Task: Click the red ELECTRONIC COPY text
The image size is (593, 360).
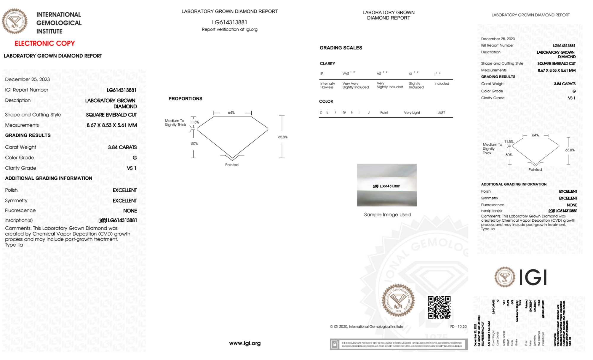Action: pyautogui.click(x=45, y=44)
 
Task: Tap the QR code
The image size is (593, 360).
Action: pyautogui.click(x=439, y=307)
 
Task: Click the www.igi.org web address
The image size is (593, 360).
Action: pyautogui.click(x=245, y=343)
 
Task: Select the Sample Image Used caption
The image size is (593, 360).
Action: pyautogui.click(x=387, y=215)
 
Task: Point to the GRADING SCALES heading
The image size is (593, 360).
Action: pyautogui.click(x=341, y=48)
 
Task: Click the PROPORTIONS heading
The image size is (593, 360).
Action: pyautogui.click(x=185, y=99)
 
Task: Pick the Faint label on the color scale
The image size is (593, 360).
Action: pyautogui.click(x=384, y=113)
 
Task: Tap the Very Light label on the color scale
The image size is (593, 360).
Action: pyautogui.click(x=412, y=113)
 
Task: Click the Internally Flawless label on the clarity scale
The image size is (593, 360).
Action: pyautogui.click(x=327, y=85)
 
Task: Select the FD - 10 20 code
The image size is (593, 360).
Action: pyautogui.click(x=458, y=327)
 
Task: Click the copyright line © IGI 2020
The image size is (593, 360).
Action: pyautogui.click(x=367, y=327)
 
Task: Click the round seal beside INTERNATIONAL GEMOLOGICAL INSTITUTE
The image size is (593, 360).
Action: pyautogui.click(x=15, y=21)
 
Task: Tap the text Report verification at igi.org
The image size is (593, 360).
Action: pyautogui.click(x=230, y=29)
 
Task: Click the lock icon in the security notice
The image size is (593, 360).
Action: pyautogui.click(x=335, y=344)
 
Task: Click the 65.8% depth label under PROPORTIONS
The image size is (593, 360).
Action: pyautogui.click(x=283, y=137)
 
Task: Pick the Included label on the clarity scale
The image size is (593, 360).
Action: pyautogui.click(x=442, y=84)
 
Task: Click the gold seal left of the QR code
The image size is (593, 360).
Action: pyautogui.click(x=398, y=300)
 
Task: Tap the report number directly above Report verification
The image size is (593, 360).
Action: pyautogui.click(x=230, y=22)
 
